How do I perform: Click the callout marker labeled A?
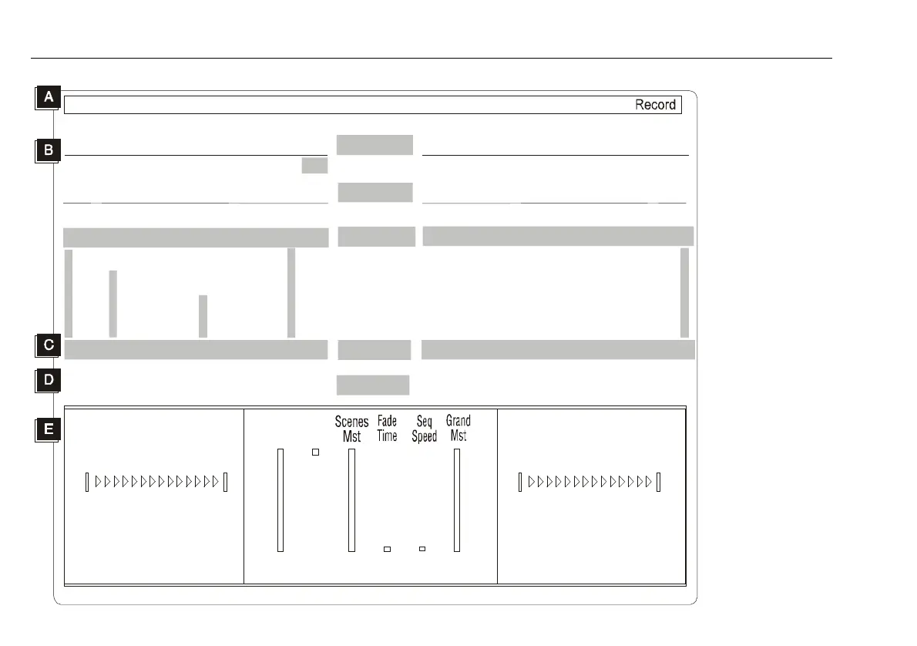pos(48,98)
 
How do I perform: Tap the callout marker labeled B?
pos(48,150)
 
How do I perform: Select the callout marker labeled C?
pos(48,345)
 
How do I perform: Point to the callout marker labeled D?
pos(48,380)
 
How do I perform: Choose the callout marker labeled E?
pos(48,429)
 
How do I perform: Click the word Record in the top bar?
pos(655,105)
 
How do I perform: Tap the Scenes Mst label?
pos(351,429)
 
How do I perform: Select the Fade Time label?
pos(387,429)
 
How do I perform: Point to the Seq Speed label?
pos(424,429)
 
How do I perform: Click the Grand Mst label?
pos(458,429)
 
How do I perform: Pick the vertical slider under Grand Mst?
pos(456,500)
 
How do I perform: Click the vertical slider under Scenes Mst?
pos(351,500)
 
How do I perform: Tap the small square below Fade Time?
pos(387,549)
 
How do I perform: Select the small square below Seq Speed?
pos(422,549)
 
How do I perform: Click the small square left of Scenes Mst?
pos(314,452)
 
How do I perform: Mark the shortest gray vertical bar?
pos(203,316)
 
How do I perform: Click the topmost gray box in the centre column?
pos(375,144)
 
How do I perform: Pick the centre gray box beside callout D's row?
pos(373,385)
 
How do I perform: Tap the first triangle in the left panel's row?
pos(99,483)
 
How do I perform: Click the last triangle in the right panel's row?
pos(649,483)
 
